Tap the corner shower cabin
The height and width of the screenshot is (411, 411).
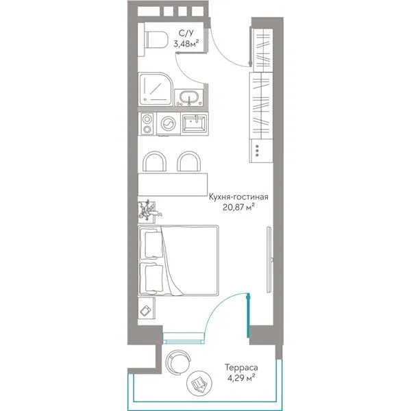(x=155, y=89)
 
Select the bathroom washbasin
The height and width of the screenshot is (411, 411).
(x=189, y=97)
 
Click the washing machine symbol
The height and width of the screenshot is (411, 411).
(x=169, y=124)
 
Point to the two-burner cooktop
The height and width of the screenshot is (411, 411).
(x=147, y=124)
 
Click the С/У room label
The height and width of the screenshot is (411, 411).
(x=186, y=33)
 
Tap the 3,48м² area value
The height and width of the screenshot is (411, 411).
(x=186, y=43)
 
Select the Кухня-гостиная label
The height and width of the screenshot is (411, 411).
(x=238, y=197)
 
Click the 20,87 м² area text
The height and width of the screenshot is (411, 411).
(x=239, y=208)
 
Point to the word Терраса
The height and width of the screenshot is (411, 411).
(x=241, y=367)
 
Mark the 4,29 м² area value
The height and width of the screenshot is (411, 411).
(x=241, y=377)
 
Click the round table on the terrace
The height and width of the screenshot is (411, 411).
(x=199, y=384)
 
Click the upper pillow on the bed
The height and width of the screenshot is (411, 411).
(x=153, y=244)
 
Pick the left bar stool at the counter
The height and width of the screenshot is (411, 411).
(x=154, y=162)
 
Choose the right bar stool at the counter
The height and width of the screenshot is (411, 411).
(x=189, y=162)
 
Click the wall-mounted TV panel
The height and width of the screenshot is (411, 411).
(x=269, y=260)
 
